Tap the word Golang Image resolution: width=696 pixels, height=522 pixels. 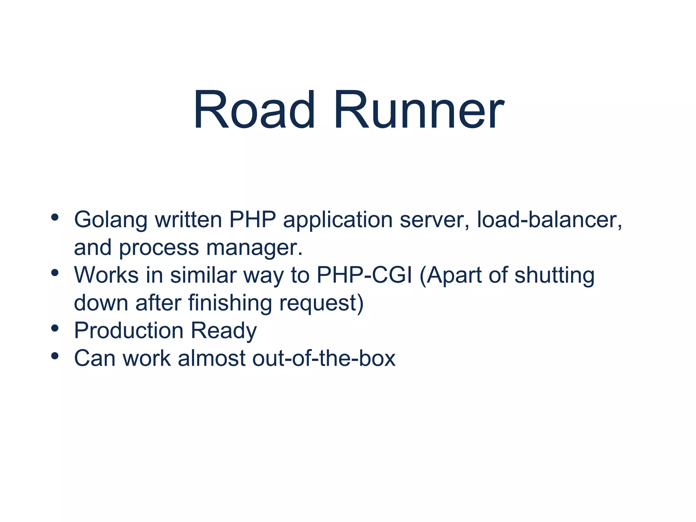pyautogui.click(x=110, y=220)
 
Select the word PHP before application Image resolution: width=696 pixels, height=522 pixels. pyautogui.click(x=252, y=220)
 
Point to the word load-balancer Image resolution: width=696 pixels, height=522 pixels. pyautogui.click(x=550, y=220)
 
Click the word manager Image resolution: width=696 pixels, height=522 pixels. pyautogui.click(x=254, y=248)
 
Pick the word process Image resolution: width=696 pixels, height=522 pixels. pyautogui.click(x=159, y=248)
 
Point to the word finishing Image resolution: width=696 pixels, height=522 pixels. pyautogui.click(x=230, y=303)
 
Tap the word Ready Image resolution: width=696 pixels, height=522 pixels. pyautogui.click(x=224, y=331)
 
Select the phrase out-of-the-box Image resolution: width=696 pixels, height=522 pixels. pyautogui.click(x=324, y=358)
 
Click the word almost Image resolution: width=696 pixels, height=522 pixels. pyautogui.click(x=211, y=358)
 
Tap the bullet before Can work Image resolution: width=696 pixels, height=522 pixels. pyautogui.click(x=55, y=356)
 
